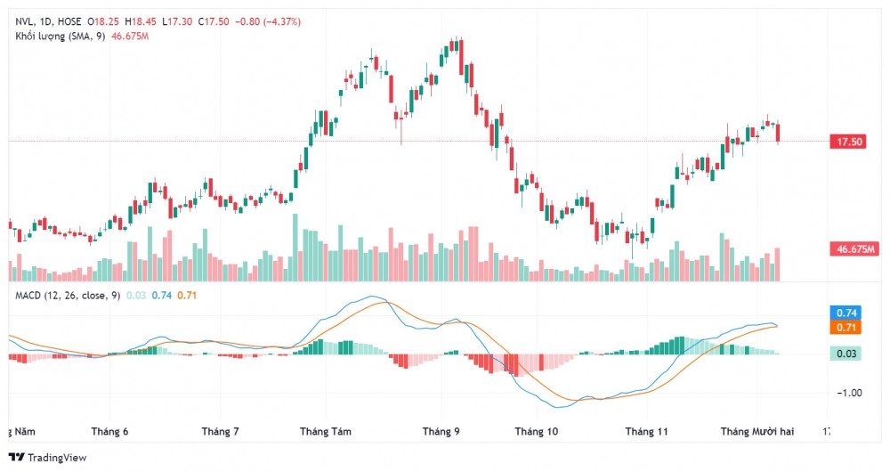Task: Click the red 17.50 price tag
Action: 846,142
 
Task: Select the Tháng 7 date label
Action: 221,431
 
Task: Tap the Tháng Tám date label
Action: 326,431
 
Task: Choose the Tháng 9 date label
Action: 442,431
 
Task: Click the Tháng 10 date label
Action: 537,431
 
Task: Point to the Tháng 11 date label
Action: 647,431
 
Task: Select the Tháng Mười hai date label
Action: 756,431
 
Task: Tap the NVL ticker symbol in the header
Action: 26,20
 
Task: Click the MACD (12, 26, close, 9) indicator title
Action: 68,295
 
